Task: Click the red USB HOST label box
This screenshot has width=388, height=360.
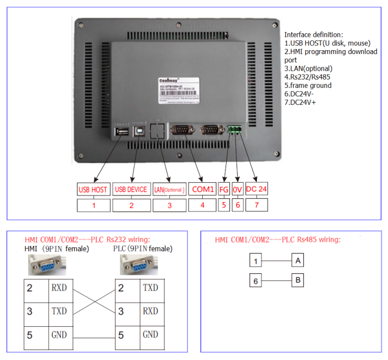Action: pyautogui.click(x=93, y=189)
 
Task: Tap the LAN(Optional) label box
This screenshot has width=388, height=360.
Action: pyautogui.click(x=169, y=189)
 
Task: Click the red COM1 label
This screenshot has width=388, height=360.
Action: pyautogui.click(x=202, y=189)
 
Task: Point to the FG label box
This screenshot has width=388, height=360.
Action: pyautogui.click(x=224, y=189)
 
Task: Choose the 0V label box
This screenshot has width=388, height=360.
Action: pyautogui.click(x=238, y=189)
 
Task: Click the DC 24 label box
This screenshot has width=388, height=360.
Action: pyautogui.click(x=256, y=189)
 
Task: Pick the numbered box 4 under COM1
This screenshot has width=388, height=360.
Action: pyautogui.click(x=202, y=205)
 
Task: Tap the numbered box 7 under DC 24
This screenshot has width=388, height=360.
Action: pyautogui.click(x=256, y=205)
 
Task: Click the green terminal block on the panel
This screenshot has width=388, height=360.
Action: pyautogui.click(x=236, y=130)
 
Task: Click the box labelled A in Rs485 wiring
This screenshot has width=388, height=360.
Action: pyautogui.click(x=298, y=260)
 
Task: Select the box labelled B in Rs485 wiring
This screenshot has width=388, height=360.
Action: pyautogui.click(x=298, y=280)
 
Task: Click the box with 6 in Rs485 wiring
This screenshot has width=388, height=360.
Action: pyautogui.click(x=256, y=280)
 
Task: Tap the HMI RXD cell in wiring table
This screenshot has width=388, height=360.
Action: pyautogui.click(x=59, y=288)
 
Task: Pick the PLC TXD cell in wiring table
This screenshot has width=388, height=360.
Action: pyautogui.click(x=150, y=288)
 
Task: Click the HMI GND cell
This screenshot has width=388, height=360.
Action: pyautogui.click(x=59, y=335)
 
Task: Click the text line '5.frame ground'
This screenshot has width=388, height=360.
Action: pyautogui.click(x=308, y=85)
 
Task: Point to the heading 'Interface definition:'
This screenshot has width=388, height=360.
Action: pyautogui.click(x=313, y=35)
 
